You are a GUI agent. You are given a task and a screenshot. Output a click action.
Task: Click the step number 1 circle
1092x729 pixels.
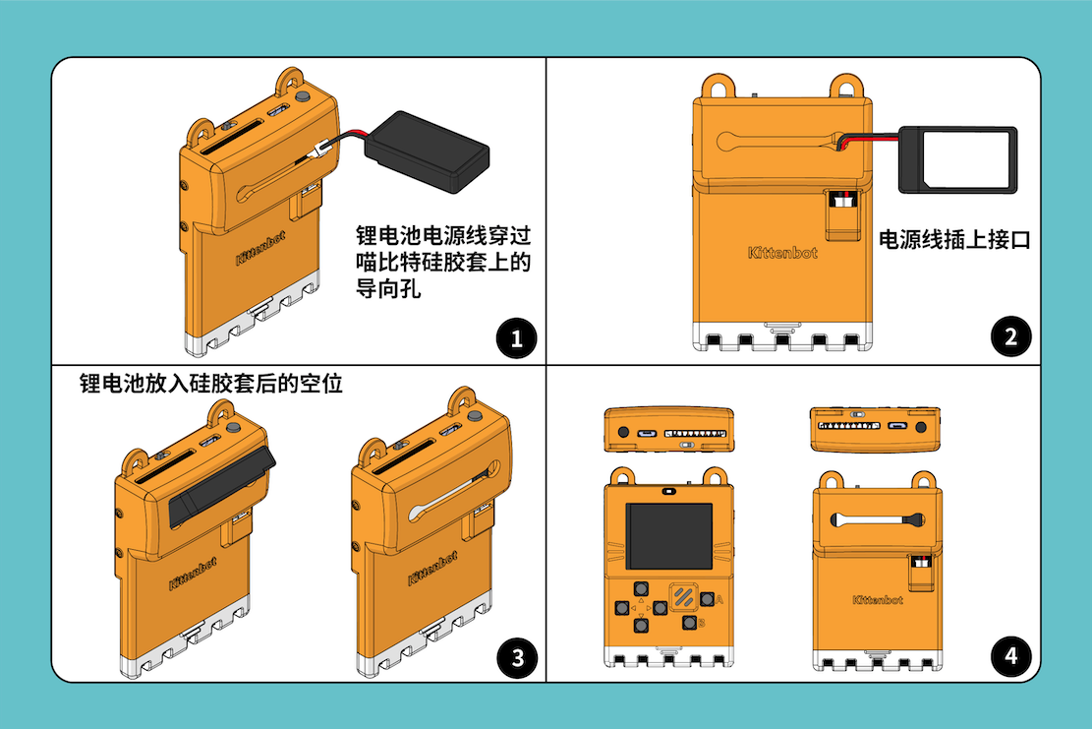[x=517, y=340]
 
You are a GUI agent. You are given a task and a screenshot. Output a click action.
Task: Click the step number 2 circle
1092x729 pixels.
[x=1010, y=338]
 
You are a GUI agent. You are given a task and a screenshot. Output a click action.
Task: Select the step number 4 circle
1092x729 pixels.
[x=1010, y=654]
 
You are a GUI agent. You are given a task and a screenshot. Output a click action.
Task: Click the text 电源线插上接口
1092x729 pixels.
[x=953, y=239]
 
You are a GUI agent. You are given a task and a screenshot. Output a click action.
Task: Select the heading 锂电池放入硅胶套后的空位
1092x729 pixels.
[x=211, y=384]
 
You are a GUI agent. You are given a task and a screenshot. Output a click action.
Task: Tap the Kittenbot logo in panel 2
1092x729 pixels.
[x=782, y=253]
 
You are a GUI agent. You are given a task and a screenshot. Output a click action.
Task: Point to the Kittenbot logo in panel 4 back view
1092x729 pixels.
[x=878, y=599]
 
